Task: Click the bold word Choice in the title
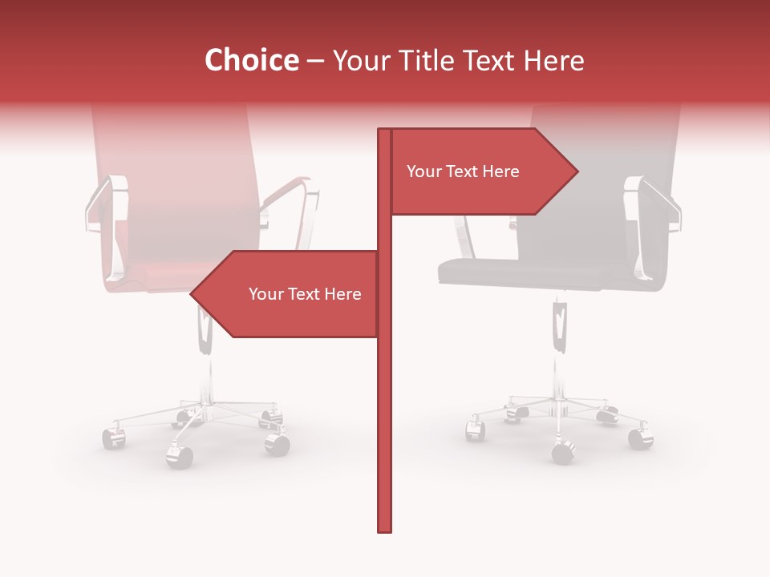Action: point(251,60)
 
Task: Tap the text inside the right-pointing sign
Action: point(463,171)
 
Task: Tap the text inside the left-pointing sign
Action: point(305,294)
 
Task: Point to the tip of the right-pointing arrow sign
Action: point(577,171)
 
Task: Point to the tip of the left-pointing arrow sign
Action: point(192,294)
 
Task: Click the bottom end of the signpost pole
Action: point(384,529)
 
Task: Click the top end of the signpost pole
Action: point(384,131)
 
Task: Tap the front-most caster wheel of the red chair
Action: point(180,455)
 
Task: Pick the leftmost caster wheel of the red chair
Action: point(113,438)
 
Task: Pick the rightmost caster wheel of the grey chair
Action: point(640,438)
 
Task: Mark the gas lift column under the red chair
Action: point(207,361)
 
